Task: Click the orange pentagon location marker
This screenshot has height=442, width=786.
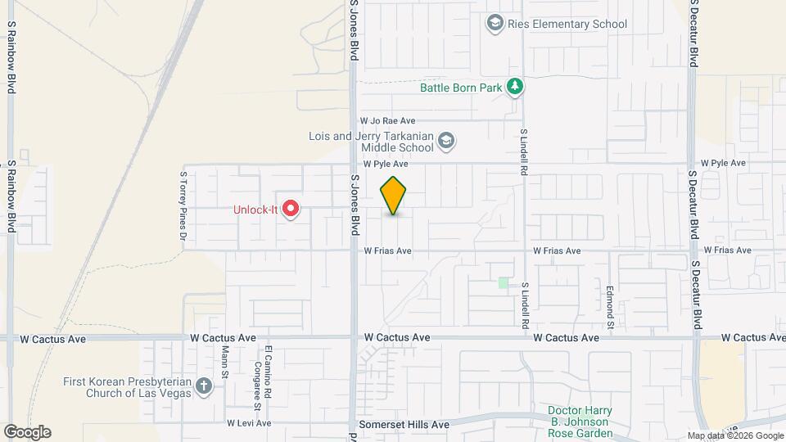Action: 394,196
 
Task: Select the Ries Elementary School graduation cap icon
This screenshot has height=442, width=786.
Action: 495,23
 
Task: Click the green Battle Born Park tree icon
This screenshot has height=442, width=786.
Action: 514,86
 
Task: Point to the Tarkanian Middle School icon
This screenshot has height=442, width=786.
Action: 446,142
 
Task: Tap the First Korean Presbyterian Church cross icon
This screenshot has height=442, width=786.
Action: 203,387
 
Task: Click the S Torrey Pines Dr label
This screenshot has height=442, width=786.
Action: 183,208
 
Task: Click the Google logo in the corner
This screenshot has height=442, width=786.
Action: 27,432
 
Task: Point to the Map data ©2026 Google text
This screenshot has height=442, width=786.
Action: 735,436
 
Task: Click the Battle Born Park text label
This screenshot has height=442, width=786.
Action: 460,87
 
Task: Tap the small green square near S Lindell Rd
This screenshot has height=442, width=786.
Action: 504,282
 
